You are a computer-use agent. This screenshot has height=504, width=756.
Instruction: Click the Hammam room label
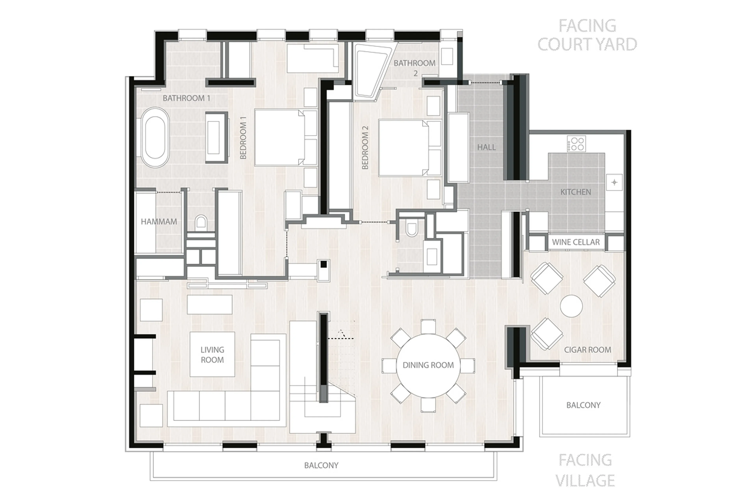[159, 221]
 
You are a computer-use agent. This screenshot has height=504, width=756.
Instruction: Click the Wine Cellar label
[576, 242]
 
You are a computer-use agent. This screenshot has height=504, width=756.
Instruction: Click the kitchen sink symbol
[614, 182]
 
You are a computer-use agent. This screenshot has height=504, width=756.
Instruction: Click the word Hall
[486, 147]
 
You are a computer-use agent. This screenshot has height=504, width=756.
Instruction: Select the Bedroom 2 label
[365, 148]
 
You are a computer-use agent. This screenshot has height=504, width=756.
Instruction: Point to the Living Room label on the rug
[212, 355]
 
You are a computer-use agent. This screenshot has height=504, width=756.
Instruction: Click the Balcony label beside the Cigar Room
[583, 405]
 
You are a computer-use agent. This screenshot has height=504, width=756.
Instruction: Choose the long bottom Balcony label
[321, 465]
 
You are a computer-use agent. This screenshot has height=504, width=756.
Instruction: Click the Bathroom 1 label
[186, 98]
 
